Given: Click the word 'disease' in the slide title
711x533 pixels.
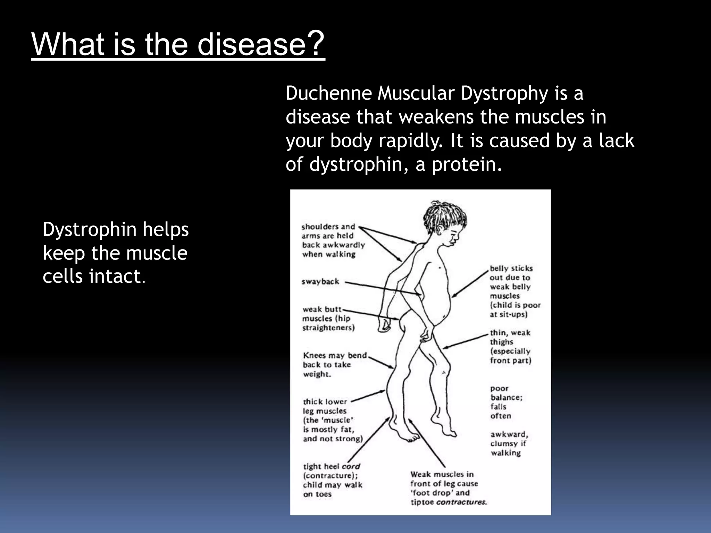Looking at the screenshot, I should click(251, 44).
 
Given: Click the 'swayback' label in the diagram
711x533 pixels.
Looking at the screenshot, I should click(320, 281).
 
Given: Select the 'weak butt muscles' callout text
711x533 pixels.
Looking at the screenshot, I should click(328, 319).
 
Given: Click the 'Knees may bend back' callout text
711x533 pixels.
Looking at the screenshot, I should click(334, 365).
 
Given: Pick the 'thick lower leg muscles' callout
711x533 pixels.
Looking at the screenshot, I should click(332, 420).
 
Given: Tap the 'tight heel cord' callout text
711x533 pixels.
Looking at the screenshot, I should click(332, 480).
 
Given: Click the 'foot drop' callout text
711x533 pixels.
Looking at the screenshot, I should click(447, 488).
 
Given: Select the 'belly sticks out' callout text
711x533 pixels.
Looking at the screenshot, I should click(515, 291).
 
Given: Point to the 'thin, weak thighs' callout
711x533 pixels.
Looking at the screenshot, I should click(510, 346).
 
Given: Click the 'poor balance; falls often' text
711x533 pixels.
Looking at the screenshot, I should click(506, 402).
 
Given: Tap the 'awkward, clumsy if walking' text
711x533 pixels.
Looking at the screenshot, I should click(509, 443).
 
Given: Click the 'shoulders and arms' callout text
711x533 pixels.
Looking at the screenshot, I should click(333, 240).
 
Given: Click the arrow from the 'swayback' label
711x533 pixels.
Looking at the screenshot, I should click(382, 288).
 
